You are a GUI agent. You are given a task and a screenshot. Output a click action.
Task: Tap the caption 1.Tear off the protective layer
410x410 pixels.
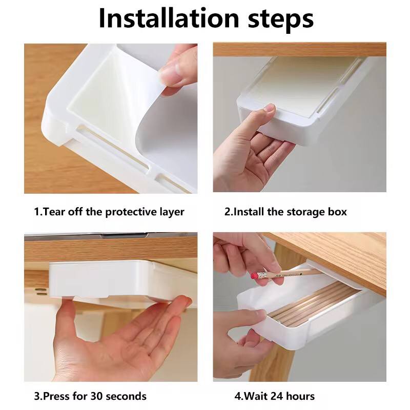click(x=109, y=212)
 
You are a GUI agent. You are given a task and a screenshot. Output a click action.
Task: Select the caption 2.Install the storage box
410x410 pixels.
click(x=285, y=212)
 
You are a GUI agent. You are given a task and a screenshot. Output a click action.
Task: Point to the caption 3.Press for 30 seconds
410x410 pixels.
click(x=90, y=396)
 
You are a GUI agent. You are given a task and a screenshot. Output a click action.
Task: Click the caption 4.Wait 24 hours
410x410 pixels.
click(x=275, y=396)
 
